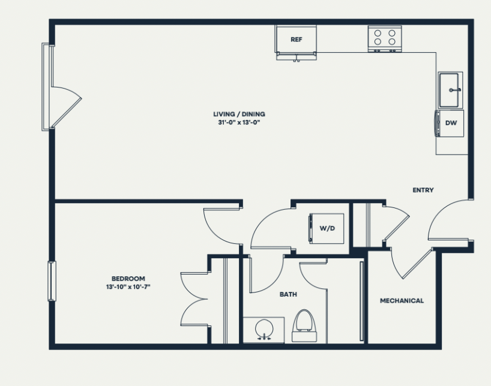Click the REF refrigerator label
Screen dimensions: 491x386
point(297,40)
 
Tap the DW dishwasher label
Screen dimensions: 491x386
point(451,123)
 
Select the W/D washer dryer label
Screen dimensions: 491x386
point(327,228)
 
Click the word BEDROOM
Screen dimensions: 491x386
point(128,278)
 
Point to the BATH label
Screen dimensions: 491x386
point(288,294)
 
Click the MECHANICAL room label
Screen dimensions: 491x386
point(402,301)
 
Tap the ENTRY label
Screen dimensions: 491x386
point(423,190)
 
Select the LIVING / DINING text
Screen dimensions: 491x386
point(239,114)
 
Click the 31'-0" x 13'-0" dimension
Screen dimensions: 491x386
point(239,122)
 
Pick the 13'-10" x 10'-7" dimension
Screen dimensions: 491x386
point(128,287)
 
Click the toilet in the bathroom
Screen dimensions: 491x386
point(304,325)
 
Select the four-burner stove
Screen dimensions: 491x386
point(385,39)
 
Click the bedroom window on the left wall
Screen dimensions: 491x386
point(52,281)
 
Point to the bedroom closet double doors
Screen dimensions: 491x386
point(194,299)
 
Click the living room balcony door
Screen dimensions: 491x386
point(67,107)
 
